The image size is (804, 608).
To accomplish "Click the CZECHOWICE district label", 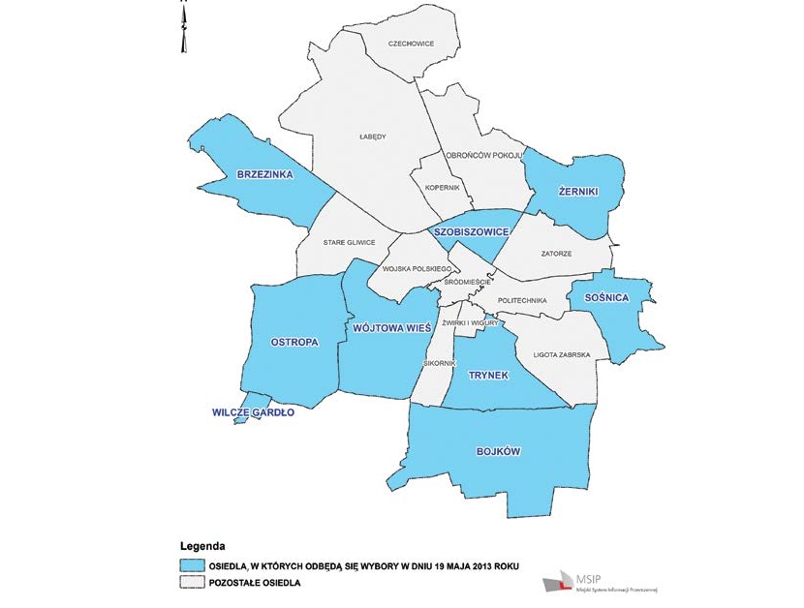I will point(410,44).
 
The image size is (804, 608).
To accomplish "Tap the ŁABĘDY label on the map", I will point(373,137).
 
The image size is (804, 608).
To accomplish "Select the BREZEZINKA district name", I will point(265,174).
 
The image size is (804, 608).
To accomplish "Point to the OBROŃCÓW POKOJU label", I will point(483,155).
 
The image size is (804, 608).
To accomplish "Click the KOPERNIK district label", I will point(442,187).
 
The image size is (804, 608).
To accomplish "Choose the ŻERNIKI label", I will point(578,192).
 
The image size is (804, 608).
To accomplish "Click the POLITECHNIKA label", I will point(522,301).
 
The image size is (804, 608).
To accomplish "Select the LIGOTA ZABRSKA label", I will point(562,355).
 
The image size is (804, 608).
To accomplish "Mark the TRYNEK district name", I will point(488,375).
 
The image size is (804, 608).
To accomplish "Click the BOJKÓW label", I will point(500,451).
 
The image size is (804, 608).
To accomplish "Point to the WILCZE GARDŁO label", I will point(252,412).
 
